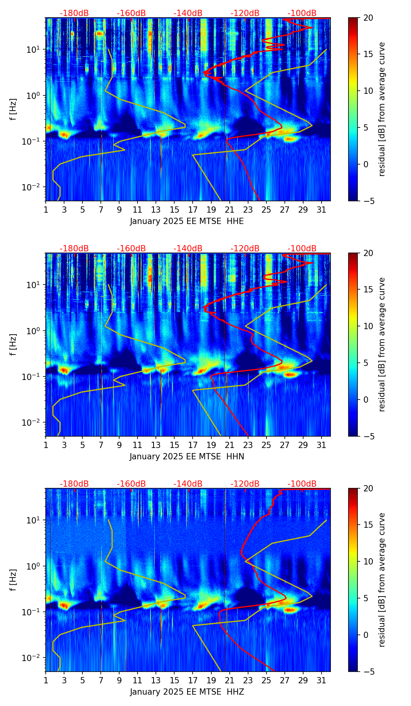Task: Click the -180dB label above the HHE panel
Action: pos(74,13)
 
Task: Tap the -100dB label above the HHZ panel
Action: pos(302,484)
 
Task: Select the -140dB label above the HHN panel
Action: pos(188,249)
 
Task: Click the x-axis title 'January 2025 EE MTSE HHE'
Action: pos(187,221)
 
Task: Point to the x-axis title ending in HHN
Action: pos(187,457)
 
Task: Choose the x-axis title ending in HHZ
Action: pos(187,692)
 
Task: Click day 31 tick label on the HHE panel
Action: pos(322,210)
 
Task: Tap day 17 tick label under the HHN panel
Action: pos(193,445)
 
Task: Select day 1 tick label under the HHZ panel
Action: pos(46,681)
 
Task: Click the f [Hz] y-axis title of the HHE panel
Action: pos(13,109)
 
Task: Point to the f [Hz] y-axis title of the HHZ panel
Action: pos(13,580)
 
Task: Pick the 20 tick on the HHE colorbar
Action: pos(368,18)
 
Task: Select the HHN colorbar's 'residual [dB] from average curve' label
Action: pos(382,344)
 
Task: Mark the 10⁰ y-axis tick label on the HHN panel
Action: pos(34,331)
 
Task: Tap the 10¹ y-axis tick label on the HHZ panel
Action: pos(34,520)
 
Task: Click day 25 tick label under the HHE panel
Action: pos(266,210)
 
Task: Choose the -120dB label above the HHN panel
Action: pos(245,249)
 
